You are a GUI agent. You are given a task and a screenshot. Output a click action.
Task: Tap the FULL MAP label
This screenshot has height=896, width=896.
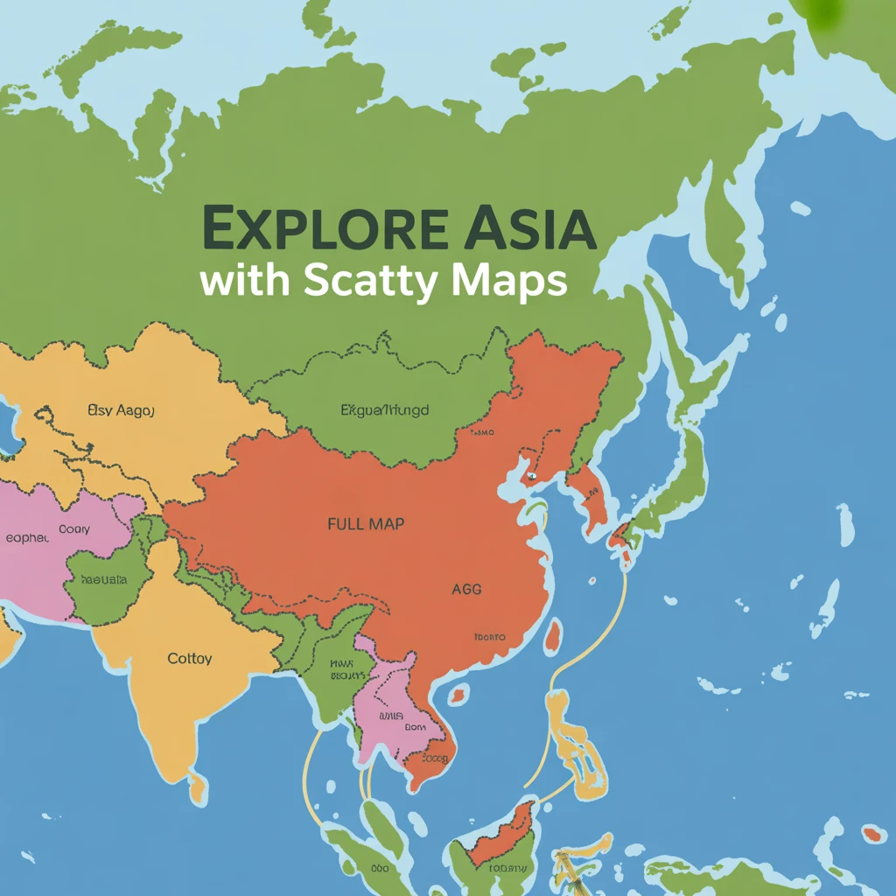click(366, 524)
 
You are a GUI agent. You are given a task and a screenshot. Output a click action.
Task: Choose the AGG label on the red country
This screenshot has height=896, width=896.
click(466, 590)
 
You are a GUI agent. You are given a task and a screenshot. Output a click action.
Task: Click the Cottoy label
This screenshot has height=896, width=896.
click(189, 658)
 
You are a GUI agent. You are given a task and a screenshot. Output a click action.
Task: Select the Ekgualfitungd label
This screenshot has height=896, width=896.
click(384, 409)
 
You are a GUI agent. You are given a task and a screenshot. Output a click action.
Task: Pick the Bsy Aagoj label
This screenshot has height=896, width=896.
click(121, 409)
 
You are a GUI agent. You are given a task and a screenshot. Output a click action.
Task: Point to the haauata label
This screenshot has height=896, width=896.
click(103, 579)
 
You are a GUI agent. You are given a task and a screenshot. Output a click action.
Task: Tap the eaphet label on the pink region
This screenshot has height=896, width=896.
click(26, 538)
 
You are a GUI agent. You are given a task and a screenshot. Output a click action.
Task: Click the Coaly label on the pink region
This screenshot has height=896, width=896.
click(74, 529)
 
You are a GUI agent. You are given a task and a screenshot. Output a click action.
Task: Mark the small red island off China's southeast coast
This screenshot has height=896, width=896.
click(553, 637)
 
